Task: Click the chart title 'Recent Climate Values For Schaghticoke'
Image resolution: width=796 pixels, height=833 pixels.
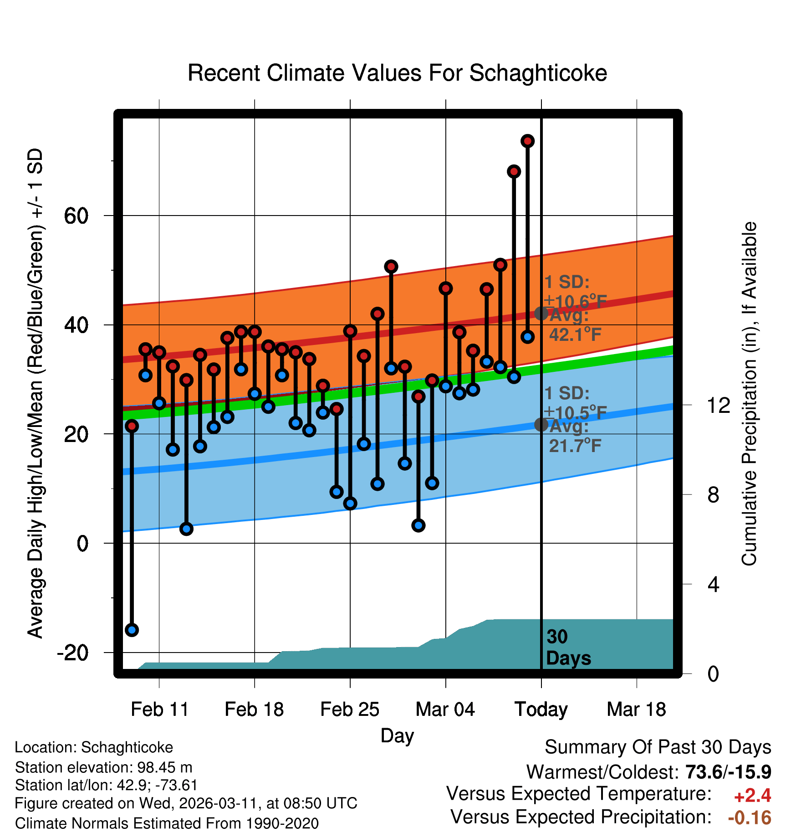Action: click(397, 73)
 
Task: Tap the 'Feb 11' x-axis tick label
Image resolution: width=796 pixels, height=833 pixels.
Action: click(159, 710)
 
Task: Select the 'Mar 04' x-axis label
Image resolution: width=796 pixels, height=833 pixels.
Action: click(445, 710)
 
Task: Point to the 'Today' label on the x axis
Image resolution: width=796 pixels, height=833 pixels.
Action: click(541, 710)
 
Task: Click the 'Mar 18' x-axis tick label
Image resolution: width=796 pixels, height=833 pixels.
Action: click(636, 710)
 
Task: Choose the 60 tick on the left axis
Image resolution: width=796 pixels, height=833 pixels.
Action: click(77, 216)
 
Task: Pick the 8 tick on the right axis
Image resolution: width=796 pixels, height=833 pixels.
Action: click(713, 495)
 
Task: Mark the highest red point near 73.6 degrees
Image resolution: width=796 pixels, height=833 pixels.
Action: click(527, 141)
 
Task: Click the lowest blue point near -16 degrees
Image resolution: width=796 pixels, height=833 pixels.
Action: click(132, 630)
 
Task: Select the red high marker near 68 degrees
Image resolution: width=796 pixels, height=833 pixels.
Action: click(514, 171)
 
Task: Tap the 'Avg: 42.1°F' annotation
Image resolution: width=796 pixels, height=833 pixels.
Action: click(575, 325)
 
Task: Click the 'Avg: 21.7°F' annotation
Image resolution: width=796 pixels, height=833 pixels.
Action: click(575, 437)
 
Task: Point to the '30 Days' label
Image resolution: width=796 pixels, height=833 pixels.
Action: click(568, 648)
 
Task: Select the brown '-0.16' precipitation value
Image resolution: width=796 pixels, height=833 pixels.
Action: click(750, 818)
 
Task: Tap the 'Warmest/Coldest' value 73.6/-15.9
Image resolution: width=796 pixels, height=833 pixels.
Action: click(728, 772)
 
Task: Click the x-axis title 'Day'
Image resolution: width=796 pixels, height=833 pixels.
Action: click(397, 735)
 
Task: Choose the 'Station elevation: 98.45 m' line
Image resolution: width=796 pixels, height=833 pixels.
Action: click(104, 767)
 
